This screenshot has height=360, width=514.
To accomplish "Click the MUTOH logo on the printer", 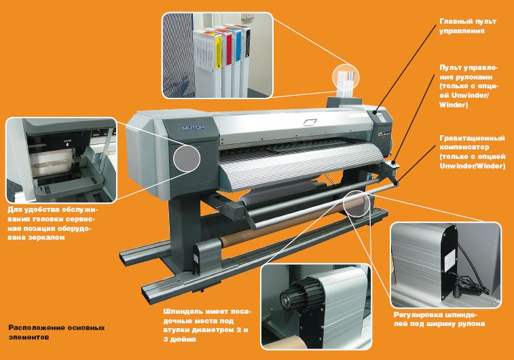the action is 193,127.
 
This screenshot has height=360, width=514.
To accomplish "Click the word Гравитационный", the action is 472,138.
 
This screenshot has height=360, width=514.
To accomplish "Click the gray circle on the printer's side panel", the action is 187,158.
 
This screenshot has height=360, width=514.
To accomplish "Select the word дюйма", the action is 180,339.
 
